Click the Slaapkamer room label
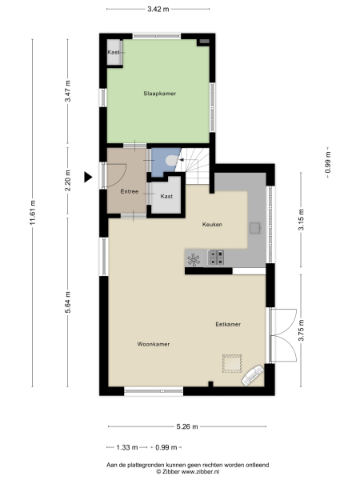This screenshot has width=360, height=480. [159, 94]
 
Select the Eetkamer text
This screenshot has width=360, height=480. [228, 324]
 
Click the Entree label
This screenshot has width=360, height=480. [130, 192]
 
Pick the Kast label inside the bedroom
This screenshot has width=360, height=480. [114, 52]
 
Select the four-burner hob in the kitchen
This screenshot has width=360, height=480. [216, 258]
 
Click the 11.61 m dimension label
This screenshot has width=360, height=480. [33, 213]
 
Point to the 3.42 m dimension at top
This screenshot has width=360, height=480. [158, 9]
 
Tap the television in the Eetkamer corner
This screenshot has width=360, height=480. [254, 375]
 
